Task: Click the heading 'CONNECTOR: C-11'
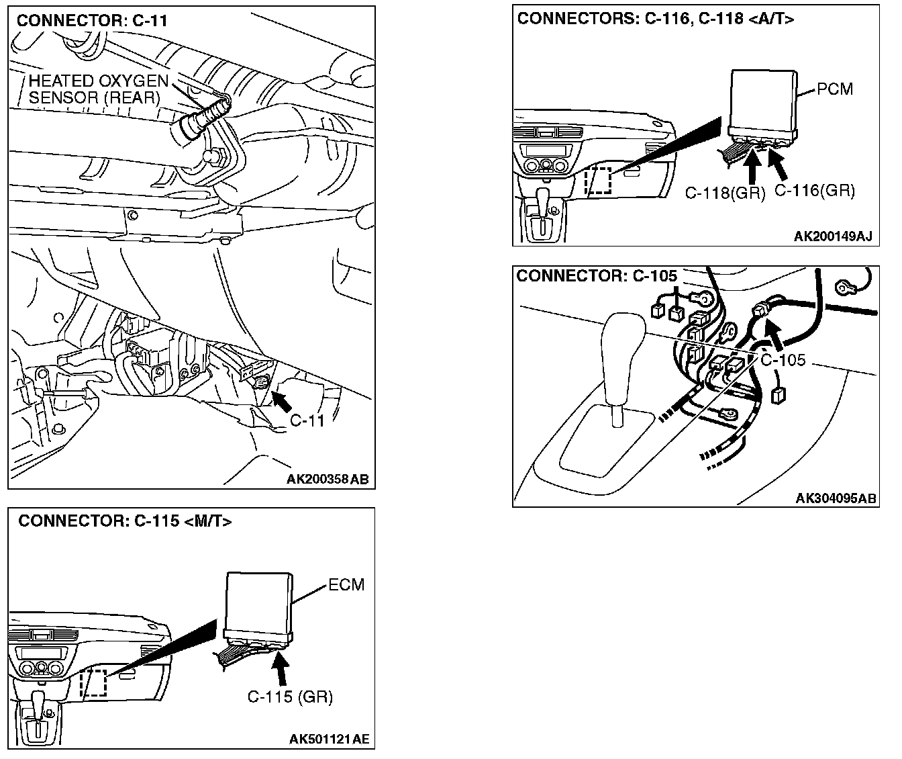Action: point(92,21)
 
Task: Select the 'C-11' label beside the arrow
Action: point(307,421)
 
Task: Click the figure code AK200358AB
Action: point(328,480)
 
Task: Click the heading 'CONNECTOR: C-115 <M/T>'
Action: point(125,521)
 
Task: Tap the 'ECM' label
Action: point(346,584)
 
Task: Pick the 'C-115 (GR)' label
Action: point(290,697)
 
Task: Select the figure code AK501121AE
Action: point(329,740)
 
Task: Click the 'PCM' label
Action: point(835,89)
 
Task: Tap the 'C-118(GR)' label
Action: point(725,193)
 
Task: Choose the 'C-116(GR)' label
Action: point(815,191)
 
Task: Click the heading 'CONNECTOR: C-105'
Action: point(597,275)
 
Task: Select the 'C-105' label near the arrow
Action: point(783,360)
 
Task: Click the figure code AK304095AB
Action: point(836,498)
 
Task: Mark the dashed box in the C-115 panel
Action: point(93,683)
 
